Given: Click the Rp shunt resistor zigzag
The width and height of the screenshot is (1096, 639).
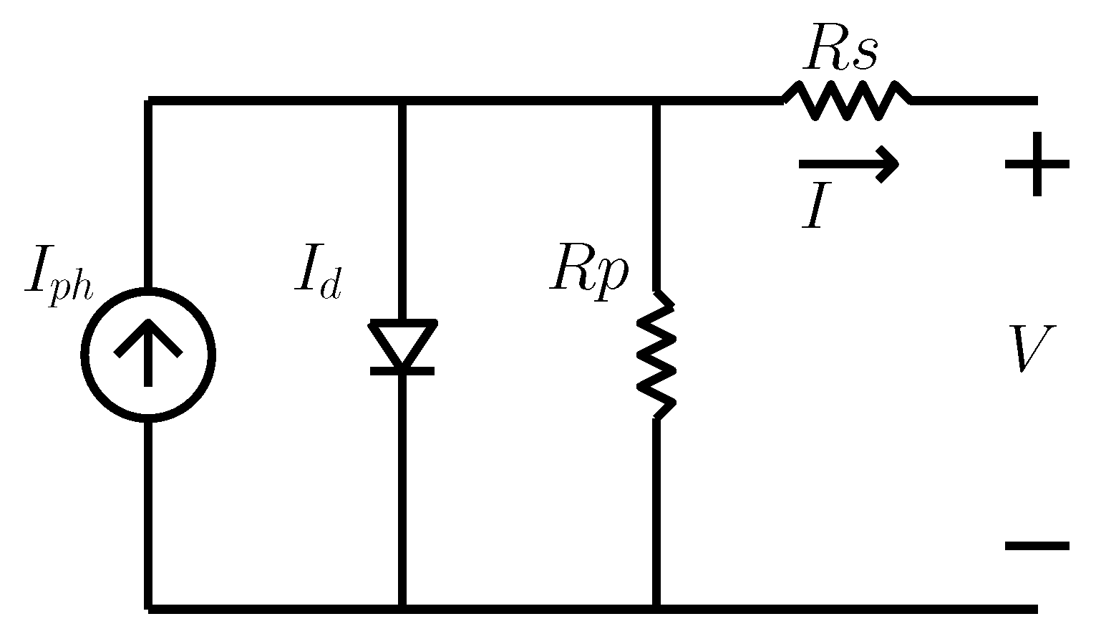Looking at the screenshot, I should click(656, 355).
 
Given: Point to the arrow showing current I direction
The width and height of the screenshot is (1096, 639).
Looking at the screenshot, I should click(848, 164).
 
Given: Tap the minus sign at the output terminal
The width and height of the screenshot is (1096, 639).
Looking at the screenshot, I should click(1037, 546).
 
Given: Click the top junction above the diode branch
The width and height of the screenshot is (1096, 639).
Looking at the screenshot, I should click(402, 101).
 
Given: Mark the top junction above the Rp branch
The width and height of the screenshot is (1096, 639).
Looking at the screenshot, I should click(656, 101).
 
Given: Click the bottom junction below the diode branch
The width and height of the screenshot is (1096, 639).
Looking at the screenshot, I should click(402, 608).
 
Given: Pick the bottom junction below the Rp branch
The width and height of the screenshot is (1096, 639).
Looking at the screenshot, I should click(656, 608).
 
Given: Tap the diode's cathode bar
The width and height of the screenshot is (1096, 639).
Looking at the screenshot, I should click(402, 370).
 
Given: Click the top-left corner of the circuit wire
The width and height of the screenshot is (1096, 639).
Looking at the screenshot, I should click(148, 101).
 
